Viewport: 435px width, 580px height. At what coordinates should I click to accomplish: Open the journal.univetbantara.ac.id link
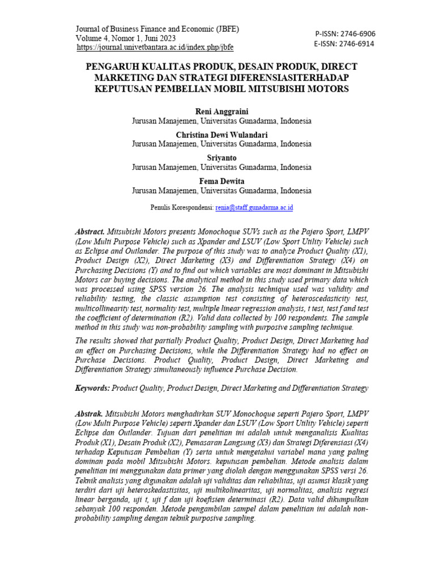tap(155, 48)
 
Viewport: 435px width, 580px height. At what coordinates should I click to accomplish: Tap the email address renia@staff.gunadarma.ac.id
tap(254, 208)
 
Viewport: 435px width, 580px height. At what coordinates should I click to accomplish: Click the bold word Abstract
tap(89, 232)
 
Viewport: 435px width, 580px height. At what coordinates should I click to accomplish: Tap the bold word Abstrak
tap(89, 413)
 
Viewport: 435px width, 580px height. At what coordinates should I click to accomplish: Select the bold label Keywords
tap(92, 389)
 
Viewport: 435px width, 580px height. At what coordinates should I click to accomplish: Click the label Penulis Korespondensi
tap(182, 208)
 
